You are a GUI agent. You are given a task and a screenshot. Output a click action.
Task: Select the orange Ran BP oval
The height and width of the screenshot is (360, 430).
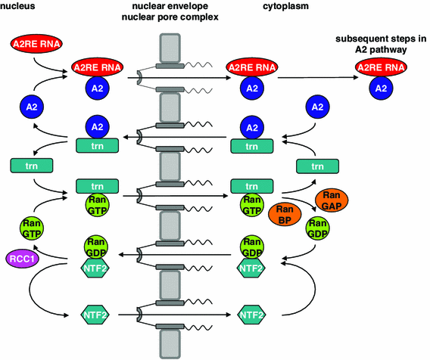(x=285, y=214)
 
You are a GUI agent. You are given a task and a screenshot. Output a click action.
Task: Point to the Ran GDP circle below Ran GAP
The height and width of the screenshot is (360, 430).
(x=320, y=228)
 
